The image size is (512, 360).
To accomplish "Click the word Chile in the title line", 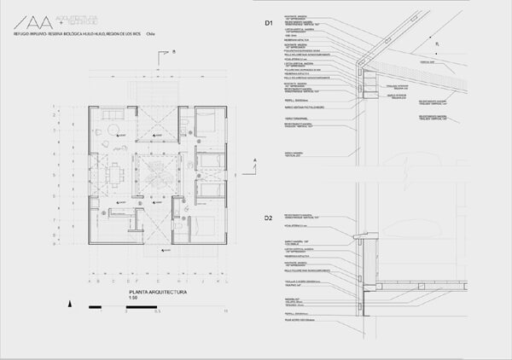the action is point(151,34).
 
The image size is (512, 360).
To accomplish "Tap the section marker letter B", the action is point(173,53).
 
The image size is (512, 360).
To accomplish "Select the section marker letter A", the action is point(254,160).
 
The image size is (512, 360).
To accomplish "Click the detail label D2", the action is point(267,218).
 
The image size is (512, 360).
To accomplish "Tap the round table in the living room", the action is point(113,130).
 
